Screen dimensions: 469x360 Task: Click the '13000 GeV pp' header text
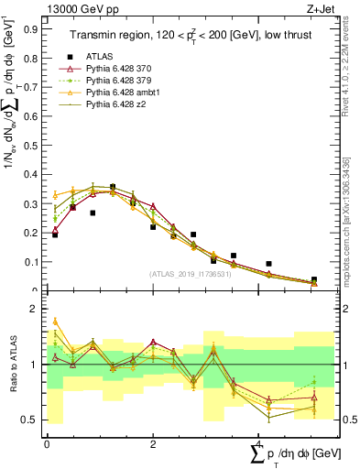click(77, 8)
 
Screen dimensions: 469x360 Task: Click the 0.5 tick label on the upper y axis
click(33, 145)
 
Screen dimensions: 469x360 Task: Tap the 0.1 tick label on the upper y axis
click(33, 262)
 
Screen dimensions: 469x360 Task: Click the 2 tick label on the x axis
click(152, 443)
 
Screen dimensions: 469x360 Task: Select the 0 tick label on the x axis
click(47, 443)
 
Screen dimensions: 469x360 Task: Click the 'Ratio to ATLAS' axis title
click(12, 365)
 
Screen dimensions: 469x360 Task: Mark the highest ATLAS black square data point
click(113, 187)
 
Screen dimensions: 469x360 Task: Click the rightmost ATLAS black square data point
click(314, 279)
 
